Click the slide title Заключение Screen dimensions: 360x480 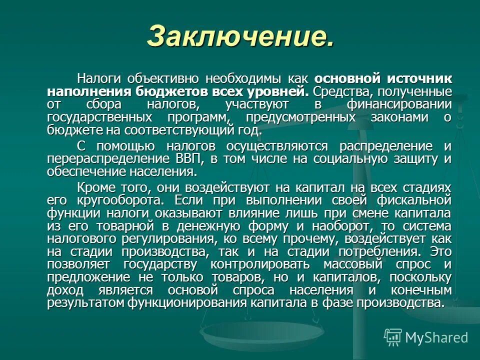(240, 36)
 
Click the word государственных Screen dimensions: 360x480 (99, 118)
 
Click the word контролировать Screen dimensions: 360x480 (259, 264)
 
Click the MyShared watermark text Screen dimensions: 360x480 (436, 337)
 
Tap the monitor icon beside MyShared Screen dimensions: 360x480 (393, 337)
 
